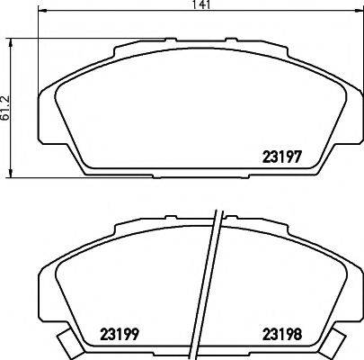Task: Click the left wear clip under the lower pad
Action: [x=67, y=343]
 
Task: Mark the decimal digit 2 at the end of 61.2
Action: [x=7, y=94]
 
